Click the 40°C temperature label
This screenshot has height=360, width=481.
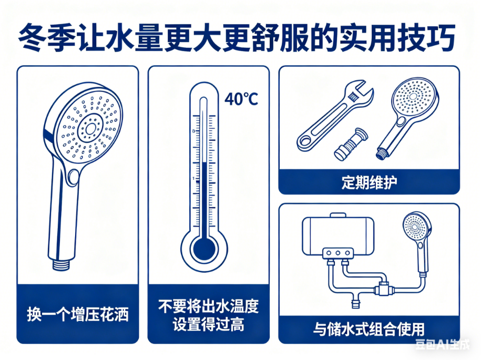[x=241, y=99]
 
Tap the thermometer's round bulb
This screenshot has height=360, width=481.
[x=204, y=249]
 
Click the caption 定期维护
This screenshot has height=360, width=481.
[x=369, y=182]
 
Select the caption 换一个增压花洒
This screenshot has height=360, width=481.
[x=78, y=314]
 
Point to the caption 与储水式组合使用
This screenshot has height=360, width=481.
[x=369, y=329]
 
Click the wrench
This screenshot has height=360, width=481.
[x=335, y=116]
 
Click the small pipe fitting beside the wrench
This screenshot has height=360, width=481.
[x=351, y=144]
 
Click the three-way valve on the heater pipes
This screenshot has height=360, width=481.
[x=383, y=288]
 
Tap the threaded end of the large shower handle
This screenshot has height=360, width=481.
[x=62, y=265]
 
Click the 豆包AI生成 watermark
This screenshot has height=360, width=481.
[x=442, y=344]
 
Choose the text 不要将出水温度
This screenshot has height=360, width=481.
[x=209, y=306]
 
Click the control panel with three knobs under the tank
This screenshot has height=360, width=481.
[x=337, y=253]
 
